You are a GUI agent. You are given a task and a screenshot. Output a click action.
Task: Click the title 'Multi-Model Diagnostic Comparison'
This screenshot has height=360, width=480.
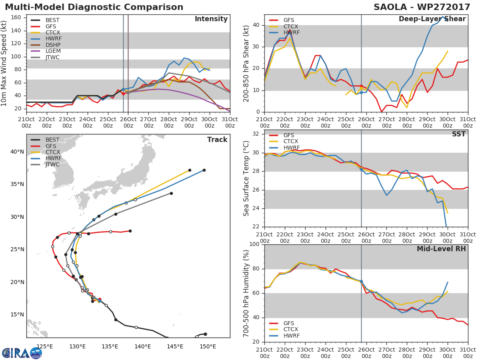coord(94,7)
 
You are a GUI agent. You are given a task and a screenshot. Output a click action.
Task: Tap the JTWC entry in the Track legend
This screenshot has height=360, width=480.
coord(52,164)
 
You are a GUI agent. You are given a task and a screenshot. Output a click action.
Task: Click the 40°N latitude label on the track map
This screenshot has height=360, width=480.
coord(17,152)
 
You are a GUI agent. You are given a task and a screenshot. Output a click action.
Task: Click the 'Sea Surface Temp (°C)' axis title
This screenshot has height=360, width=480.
coord(246,178)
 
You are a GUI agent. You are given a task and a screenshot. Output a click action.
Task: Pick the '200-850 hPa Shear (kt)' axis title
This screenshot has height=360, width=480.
coord(246,64)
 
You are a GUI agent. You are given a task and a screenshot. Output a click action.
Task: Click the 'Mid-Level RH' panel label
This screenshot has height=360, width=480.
coord(441,249)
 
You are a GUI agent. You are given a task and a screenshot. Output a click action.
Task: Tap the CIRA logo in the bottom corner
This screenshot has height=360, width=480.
coord(22,353)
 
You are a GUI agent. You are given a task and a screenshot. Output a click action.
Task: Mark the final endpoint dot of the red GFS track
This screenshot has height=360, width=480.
coord(130,231)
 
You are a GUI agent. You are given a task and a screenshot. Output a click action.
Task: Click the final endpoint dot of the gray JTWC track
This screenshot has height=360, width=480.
coord(171,193)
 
